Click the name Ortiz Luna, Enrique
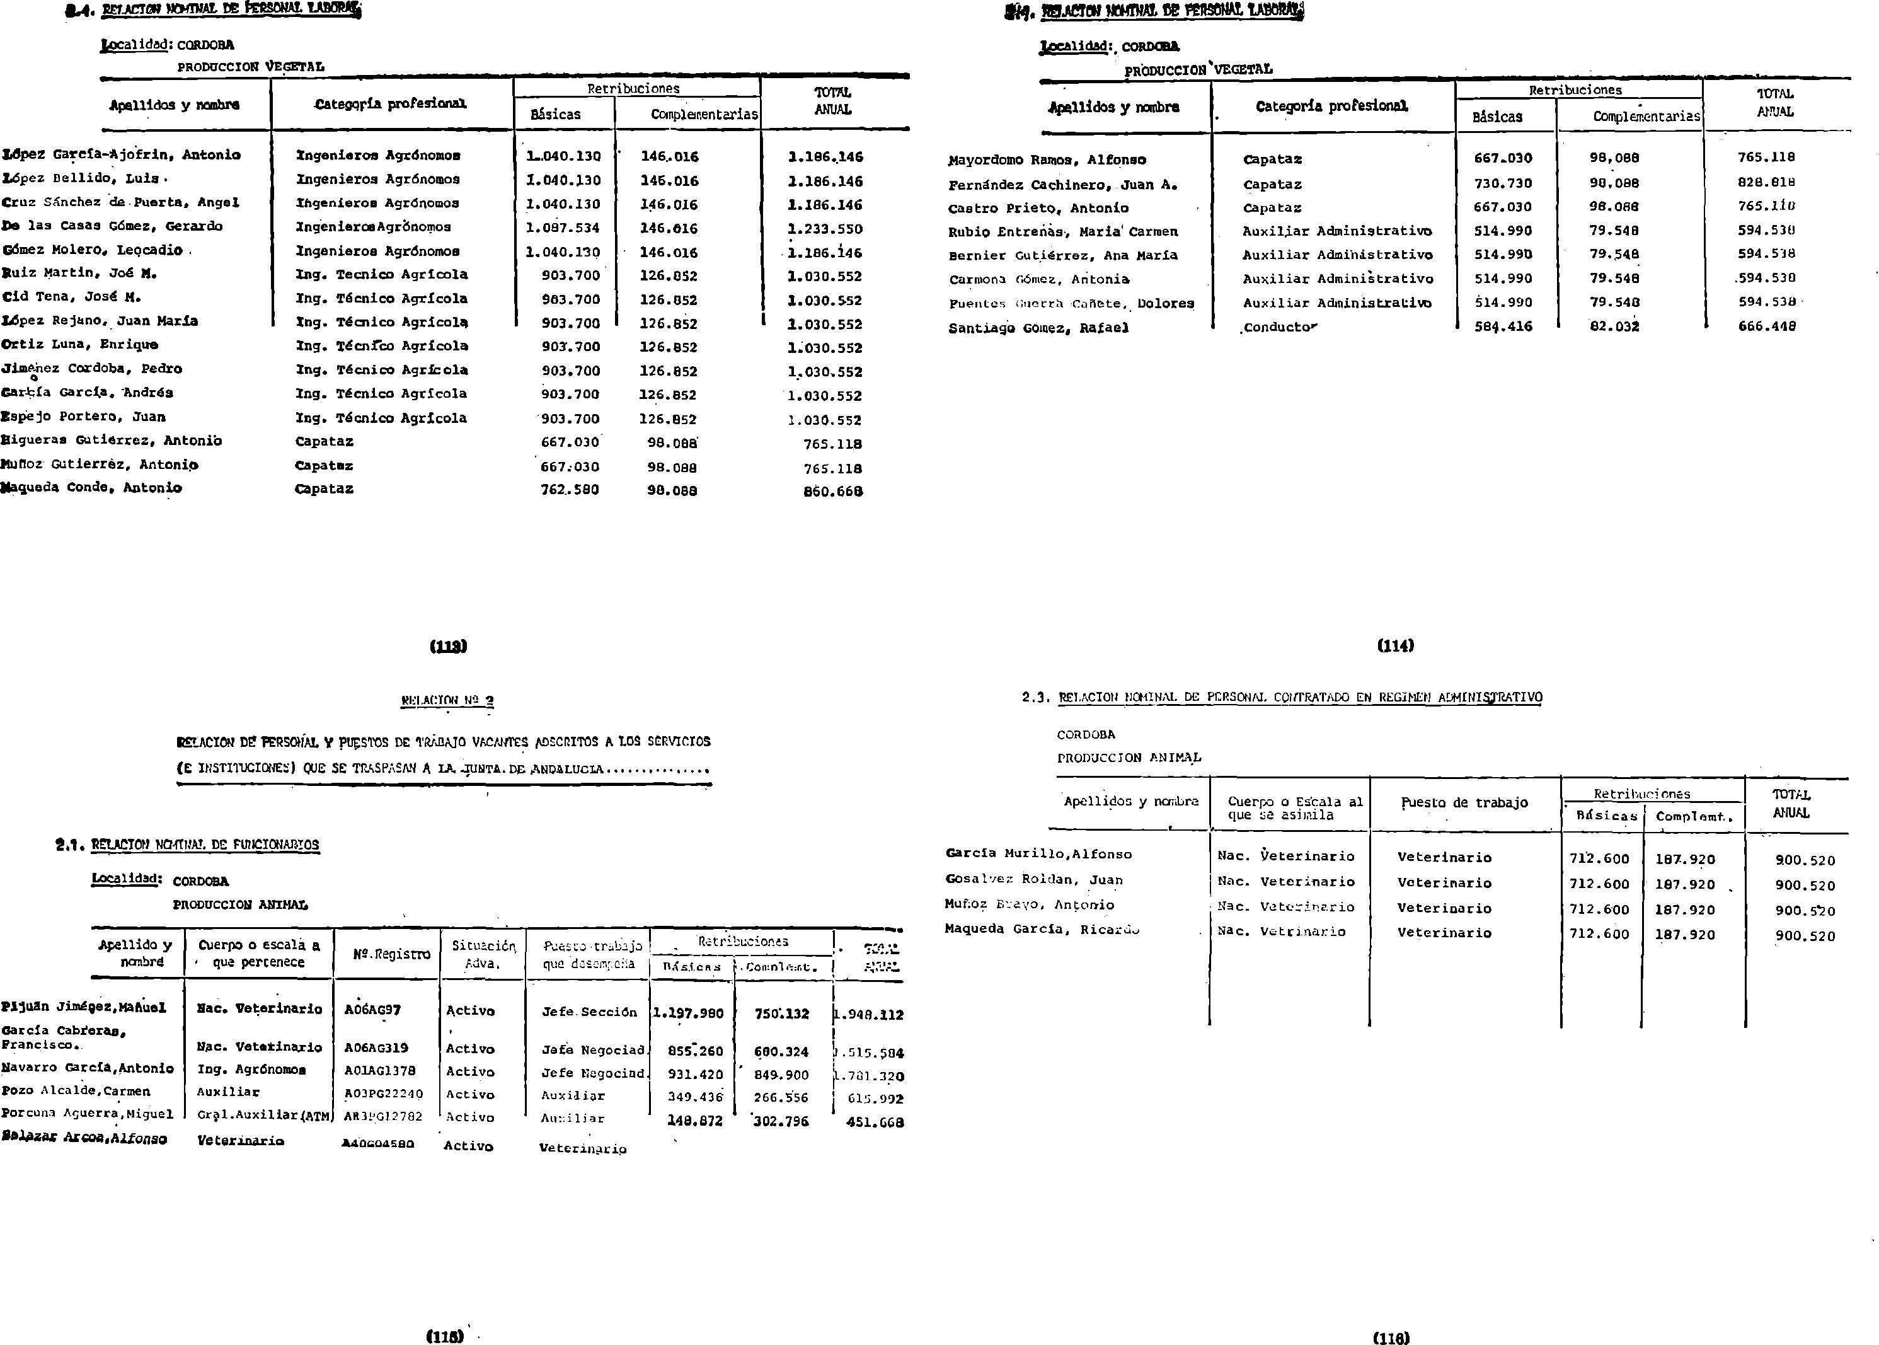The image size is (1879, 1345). coord(79,345)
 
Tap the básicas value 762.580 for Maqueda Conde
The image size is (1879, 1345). coord(570,490)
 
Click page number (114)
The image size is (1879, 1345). coord(1396,646)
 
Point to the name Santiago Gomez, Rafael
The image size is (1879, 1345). coord(1038,328)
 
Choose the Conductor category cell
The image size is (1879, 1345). coord(1280,327)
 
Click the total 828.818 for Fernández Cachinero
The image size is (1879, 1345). coord(1766,183)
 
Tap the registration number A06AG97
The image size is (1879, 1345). coord(372,1010)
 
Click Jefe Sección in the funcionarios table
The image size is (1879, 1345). coord(589,1012)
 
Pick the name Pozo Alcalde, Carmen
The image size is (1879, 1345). coord(76,1092)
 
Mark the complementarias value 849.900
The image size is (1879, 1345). coord(781,1075)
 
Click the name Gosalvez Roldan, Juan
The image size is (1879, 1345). coord(1034,880)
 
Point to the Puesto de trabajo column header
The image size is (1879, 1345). coord(1464,802)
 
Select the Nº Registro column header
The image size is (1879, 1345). coord(391,954)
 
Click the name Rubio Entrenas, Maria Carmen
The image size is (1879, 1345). coord(1063,232)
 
